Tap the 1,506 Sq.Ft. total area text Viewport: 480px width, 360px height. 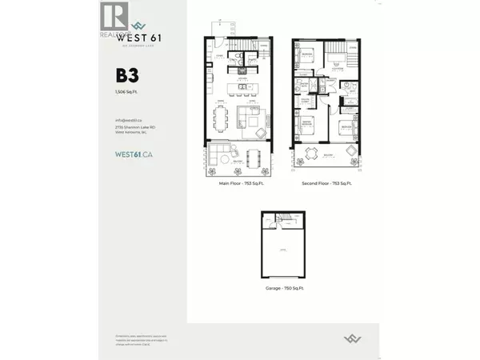pos(126,94)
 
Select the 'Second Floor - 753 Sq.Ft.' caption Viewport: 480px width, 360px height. pos(327,183)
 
